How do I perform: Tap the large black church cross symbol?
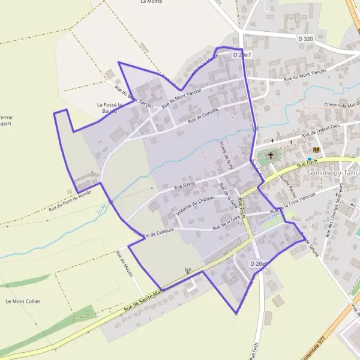click(x=271, y=155)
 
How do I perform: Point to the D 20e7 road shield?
click(x=242, y=55)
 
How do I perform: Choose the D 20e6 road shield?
click(x=259, y=263)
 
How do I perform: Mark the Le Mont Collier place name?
click(x=23, y=301)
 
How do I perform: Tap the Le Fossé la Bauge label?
click(x=110, y=108)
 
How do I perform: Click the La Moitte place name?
click(x=151, y=2)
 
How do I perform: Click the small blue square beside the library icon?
click(x=309, y=159)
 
